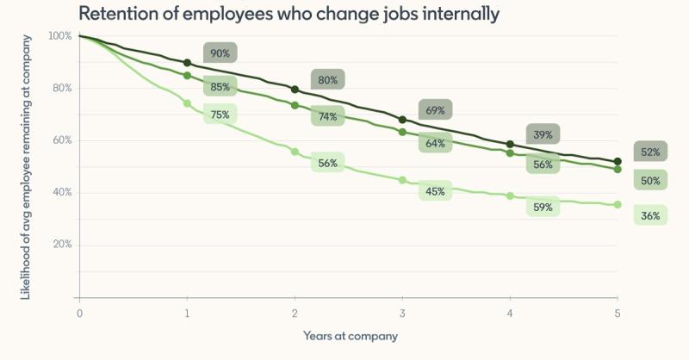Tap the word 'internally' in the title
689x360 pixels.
pos(458,14)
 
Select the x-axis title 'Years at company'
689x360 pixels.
pos(350,335)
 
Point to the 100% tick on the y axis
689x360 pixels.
pos(60,36)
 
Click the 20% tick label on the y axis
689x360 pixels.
pos(62,245)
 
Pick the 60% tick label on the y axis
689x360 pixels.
pos(62,140)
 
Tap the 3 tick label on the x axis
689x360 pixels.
pos(402,313)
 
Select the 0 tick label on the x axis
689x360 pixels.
pos(79,313)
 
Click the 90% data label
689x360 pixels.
pos(220,53)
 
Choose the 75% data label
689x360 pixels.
pos(220,114)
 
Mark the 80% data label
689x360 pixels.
pos(327,80)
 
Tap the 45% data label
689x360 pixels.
pos(435,191)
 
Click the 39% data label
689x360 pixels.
pos(543,134)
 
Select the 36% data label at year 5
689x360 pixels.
pos(650,215)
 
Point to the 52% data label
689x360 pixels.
pos(650,152)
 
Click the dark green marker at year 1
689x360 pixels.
pos(187,62)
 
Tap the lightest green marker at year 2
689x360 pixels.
pos(295,152)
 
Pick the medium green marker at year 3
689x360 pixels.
pos(402,132)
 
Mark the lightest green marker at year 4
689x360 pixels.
pos(510,196)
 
